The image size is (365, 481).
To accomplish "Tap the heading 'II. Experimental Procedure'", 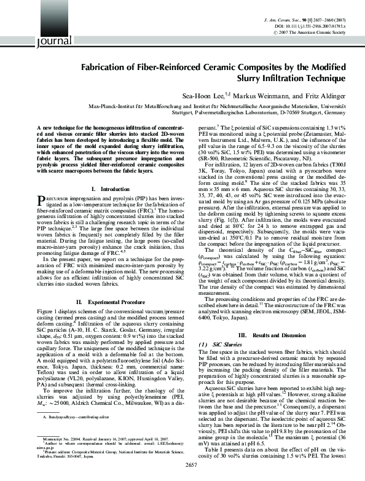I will point(101,302).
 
